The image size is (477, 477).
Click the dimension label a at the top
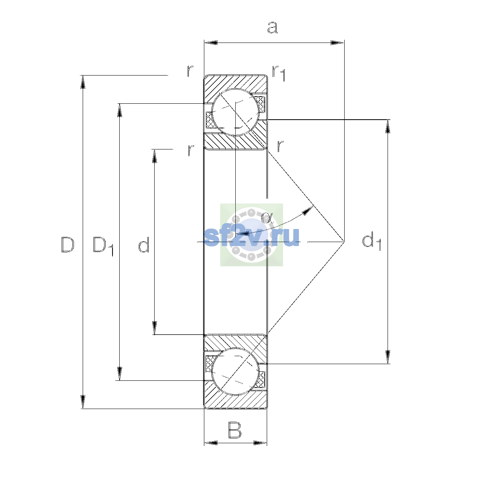point(272,27)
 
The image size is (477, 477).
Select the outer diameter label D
point(68,244)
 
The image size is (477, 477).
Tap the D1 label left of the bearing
point(103,246)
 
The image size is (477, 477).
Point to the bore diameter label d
point(143,244)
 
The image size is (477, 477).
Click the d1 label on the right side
point(371,241)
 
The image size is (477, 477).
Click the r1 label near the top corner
point(279,73)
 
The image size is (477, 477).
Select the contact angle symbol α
point(267,218)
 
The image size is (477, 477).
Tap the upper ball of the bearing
point(235,112)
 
